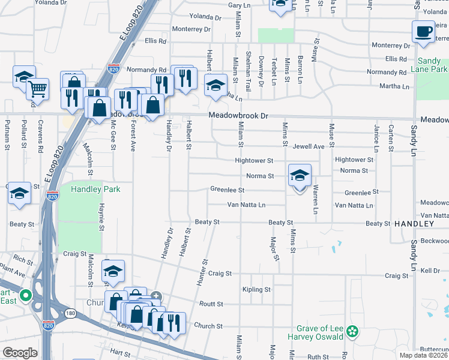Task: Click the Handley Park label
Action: point(95,189)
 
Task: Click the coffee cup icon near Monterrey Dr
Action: point(423,31)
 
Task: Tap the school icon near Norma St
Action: point(300,176)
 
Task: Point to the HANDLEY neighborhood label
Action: point(414,223)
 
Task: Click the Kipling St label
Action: point(256,290)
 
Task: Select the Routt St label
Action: point(211,304)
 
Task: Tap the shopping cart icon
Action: point(37,90)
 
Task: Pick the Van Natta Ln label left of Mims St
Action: point(246,205)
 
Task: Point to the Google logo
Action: point(20,353)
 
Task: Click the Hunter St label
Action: point(202,271)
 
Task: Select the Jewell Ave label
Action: point(309,146)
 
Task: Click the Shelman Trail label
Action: point(248,70)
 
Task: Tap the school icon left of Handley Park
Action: point(19,193)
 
